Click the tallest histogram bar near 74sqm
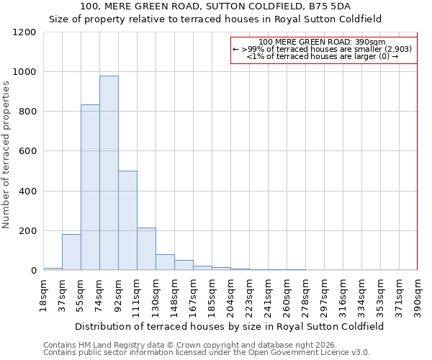(109, 173)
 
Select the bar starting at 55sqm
(90, 187)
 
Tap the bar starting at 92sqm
(127, 220)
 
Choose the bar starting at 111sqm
(146, 249)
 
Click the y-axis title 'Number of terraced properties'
(6, 155)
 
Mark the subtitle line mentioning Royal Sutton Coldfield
(215, 19)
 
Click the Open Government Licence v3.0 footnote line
(207, 352)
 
